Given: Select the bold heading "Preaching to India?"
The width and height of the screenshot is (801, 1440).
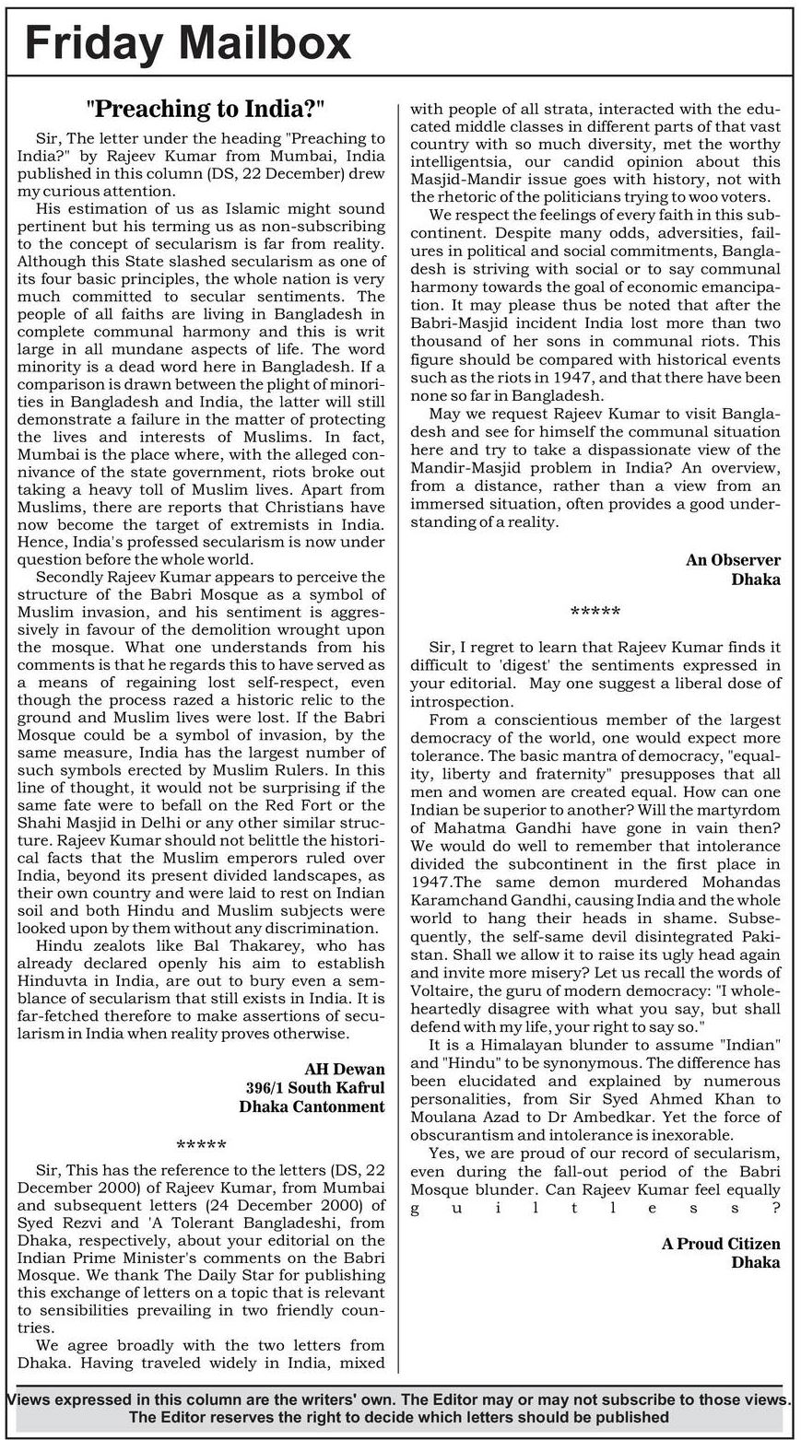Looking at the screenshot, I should pyautogui.click(x=205, y=109).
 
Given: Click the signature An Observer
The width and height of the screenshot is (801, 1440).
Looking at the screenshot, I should pyautogui.click(x=733, y=560).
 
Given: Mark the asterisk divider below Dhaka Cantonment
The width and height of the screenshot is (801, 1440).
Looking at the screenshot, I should pyautogui.click(x=201, y=1145).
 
